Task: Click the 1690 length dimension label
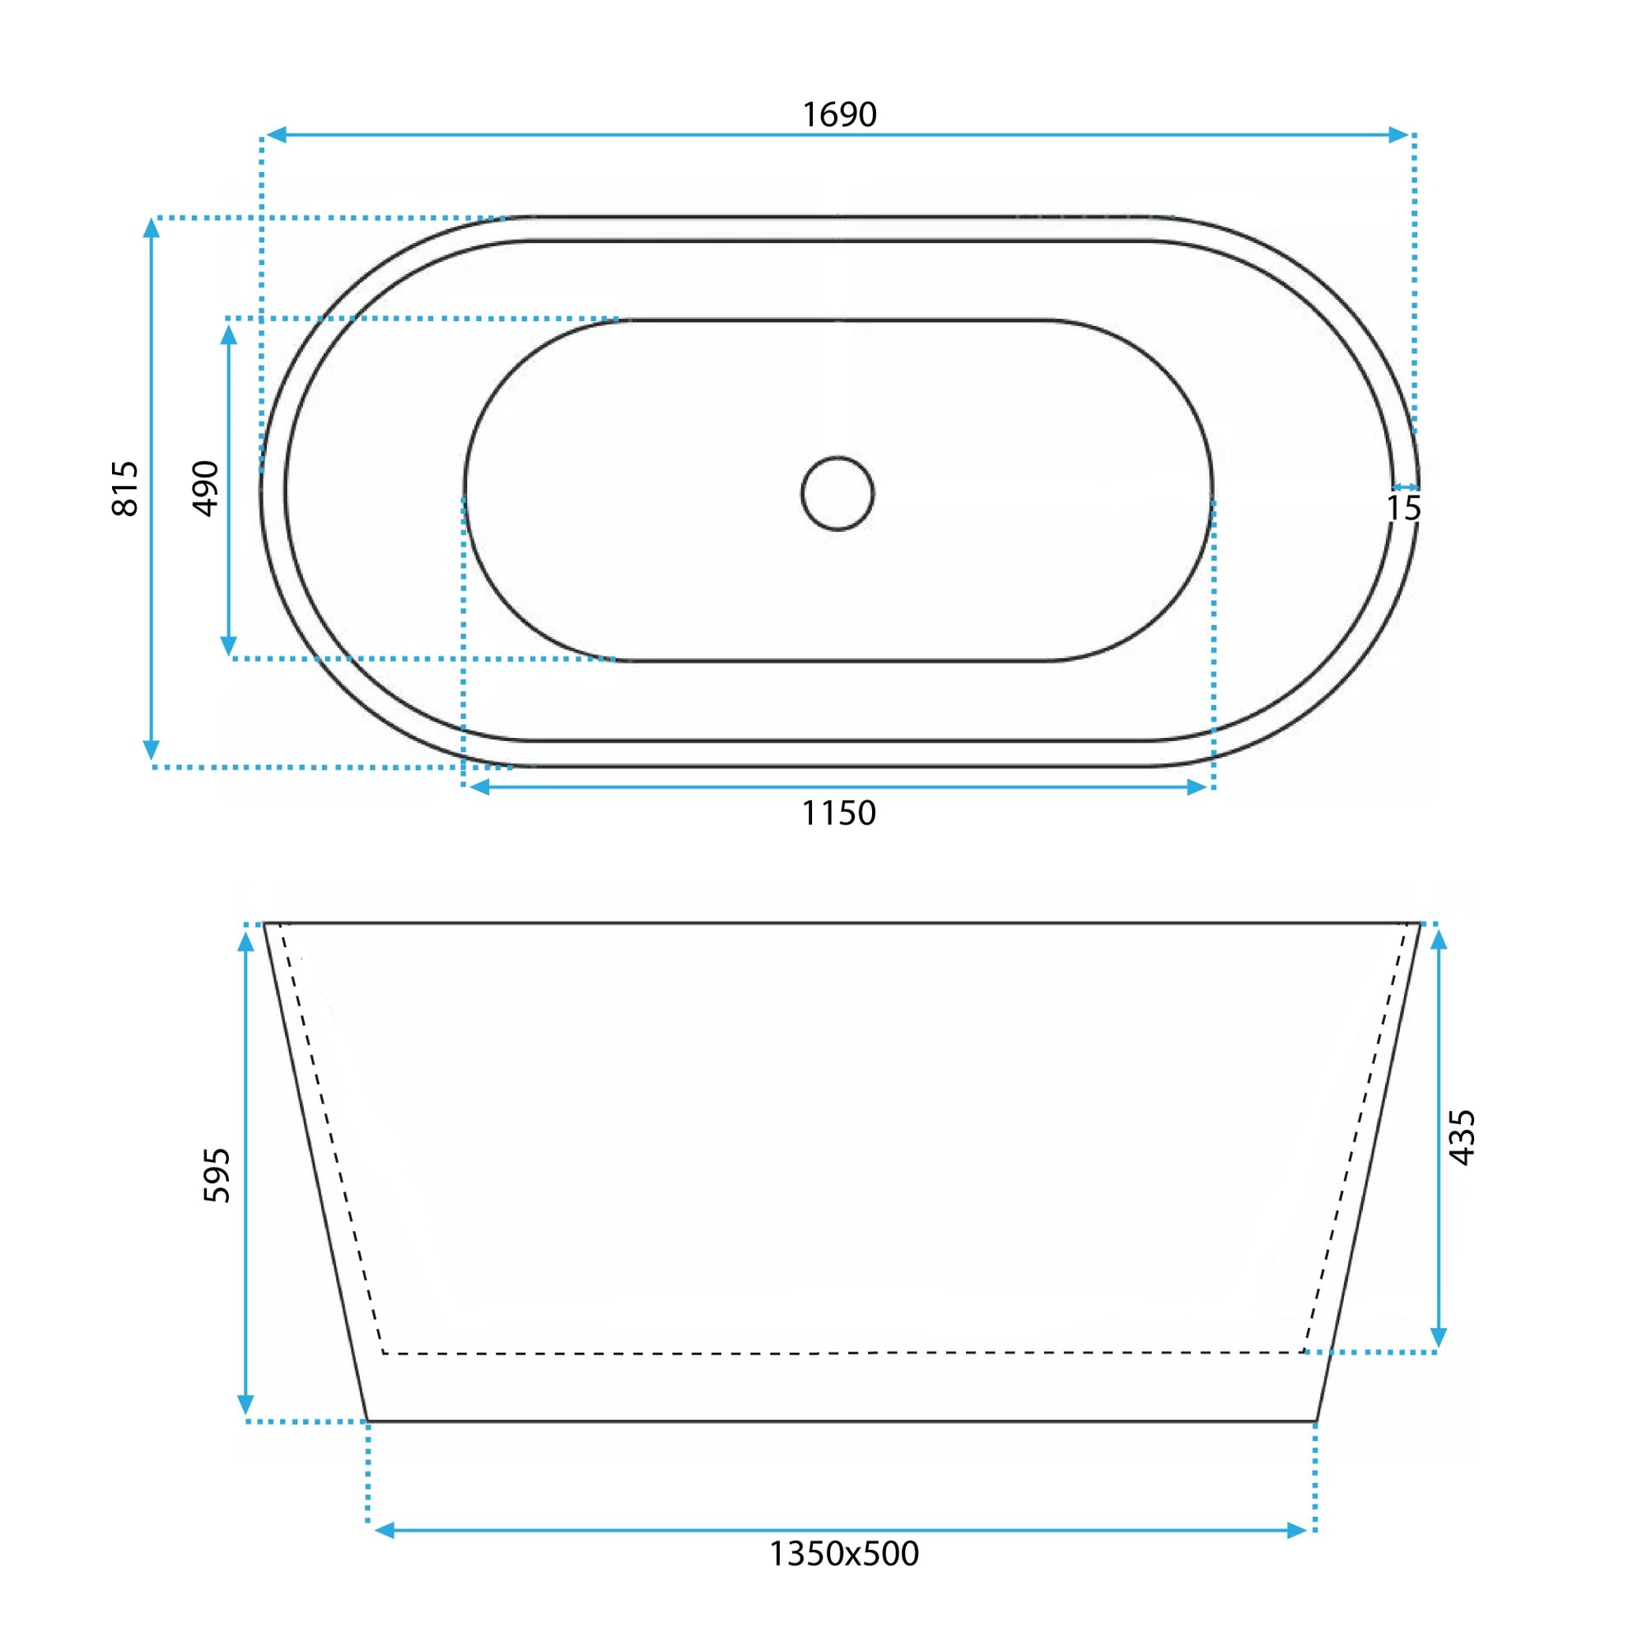click(x=840, y=114)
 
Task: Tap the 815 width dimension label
click(x=125, y=488)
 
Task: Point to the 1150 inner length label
click(x=839, y=814)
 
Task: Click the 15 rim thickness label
click(x=1403, y=508)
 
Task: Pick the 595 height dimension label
click(x=217, y=1176)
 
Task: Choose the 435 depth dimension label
click(x=1462, y=1137)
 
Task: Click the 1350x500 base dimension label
click(x=844, y=1554)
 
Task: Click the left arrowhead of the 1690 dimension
click(x=275, y=135)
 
